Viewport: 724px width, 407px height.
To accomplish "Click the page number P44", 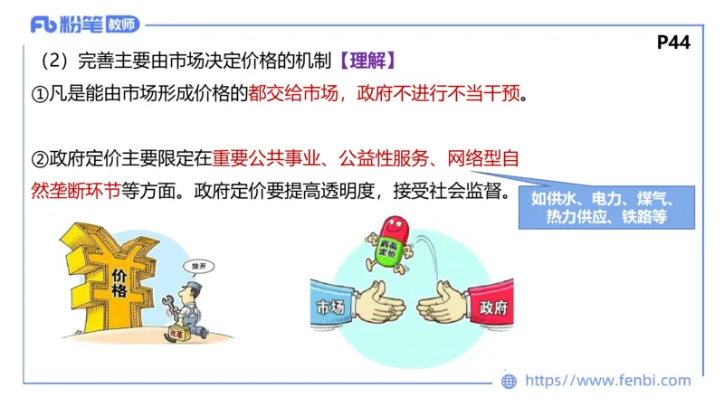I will pos(674,42).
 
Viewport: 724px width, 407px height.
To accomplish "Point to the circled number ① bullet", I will pos(40,94).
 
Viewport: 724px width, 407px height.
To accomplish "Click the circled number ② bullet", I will pos(40,160).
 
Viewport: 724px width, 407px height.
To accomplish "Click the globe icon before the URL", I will pos(510,381).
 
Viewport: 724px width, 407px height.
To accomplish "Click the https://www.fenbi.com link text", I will pos(607,381).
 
